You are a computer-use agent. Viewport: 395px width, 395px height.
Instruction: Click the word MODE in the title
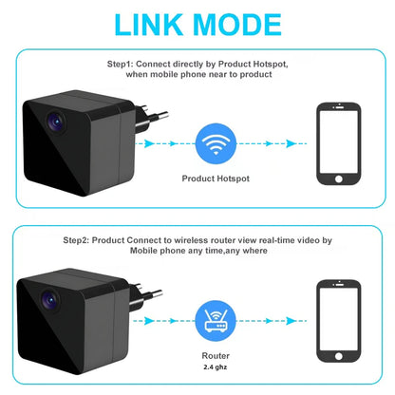[x=246, y=25]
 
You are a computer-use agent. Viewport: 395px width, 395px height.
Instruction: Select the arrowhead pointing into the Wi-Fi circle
[x=188, y=144]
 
